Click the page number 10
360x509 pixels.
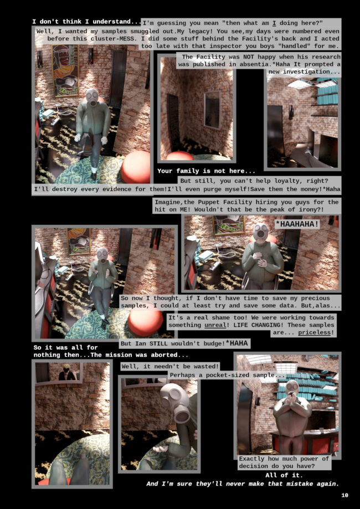tap(344, 495)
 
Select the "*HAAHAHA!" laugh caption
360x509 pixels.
tap(297, 224)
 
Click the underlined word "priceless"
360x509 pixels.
tap(316, 332)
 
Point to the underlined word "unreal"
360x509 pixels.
tap(215, 325)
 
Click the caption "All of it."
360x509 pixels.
tap(284, 475)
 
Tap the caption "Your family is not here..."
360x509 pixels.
tap(207, 171)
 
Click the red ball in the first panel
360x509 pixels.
tap(136, 167)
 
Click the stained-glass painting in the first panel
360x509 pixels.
tap(65, 70)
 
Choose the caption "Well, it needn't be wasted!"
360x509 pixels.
tap(170, 367)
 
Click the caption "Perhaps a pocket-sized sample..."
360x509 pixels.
tap(227, 375)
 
